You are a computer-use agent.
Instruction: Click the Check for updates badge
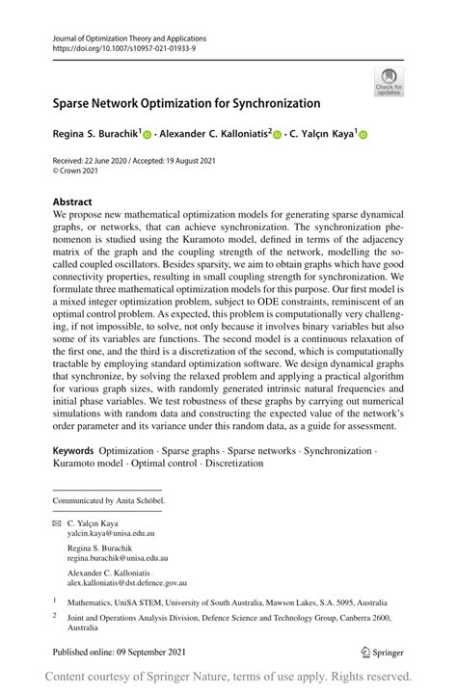pyautogui.click(x=388, y=82)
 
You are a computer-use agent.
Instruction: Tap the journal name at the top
pyautogui.click(x=131, y=37)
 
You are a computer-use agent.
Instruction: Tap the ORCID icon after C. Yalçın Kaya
pyautogui.click(x=363, y=137)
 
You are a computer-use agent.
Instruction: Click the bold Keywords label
pyautogui.click(x=73, y=450)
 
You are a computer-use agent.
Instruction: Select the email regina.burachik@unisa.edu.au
pyautogui.click(x=118, y=557)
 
